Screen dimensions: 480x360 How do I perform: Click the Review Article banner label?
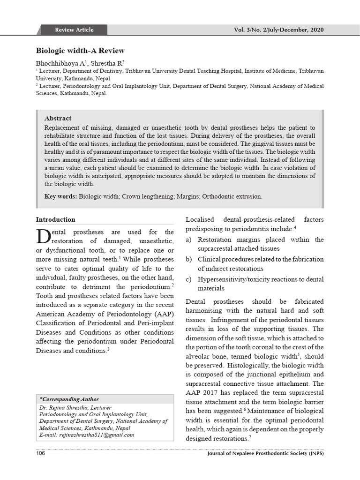point(74,30)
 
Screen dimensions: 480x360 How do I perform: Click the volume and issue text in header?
point(278,30)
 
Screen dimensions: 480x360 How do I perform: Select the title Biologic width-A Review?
point(80,51)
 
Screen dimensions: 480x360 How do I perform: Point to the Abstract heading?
point(58,119)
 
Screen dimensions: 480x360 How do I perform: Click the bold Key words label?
point(60,196)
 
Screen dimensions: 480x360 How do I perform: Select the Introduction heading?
point(55,219)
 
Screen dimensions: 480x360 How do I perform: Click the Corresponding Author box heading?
point(69,399)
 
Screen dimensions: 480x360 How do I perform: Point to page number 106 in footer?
point(41,454)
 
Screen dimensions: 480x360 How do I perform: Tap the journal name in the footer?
point(265,454)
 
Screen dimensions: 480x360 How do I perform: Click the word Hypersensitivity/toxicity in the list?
point(231,279)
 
